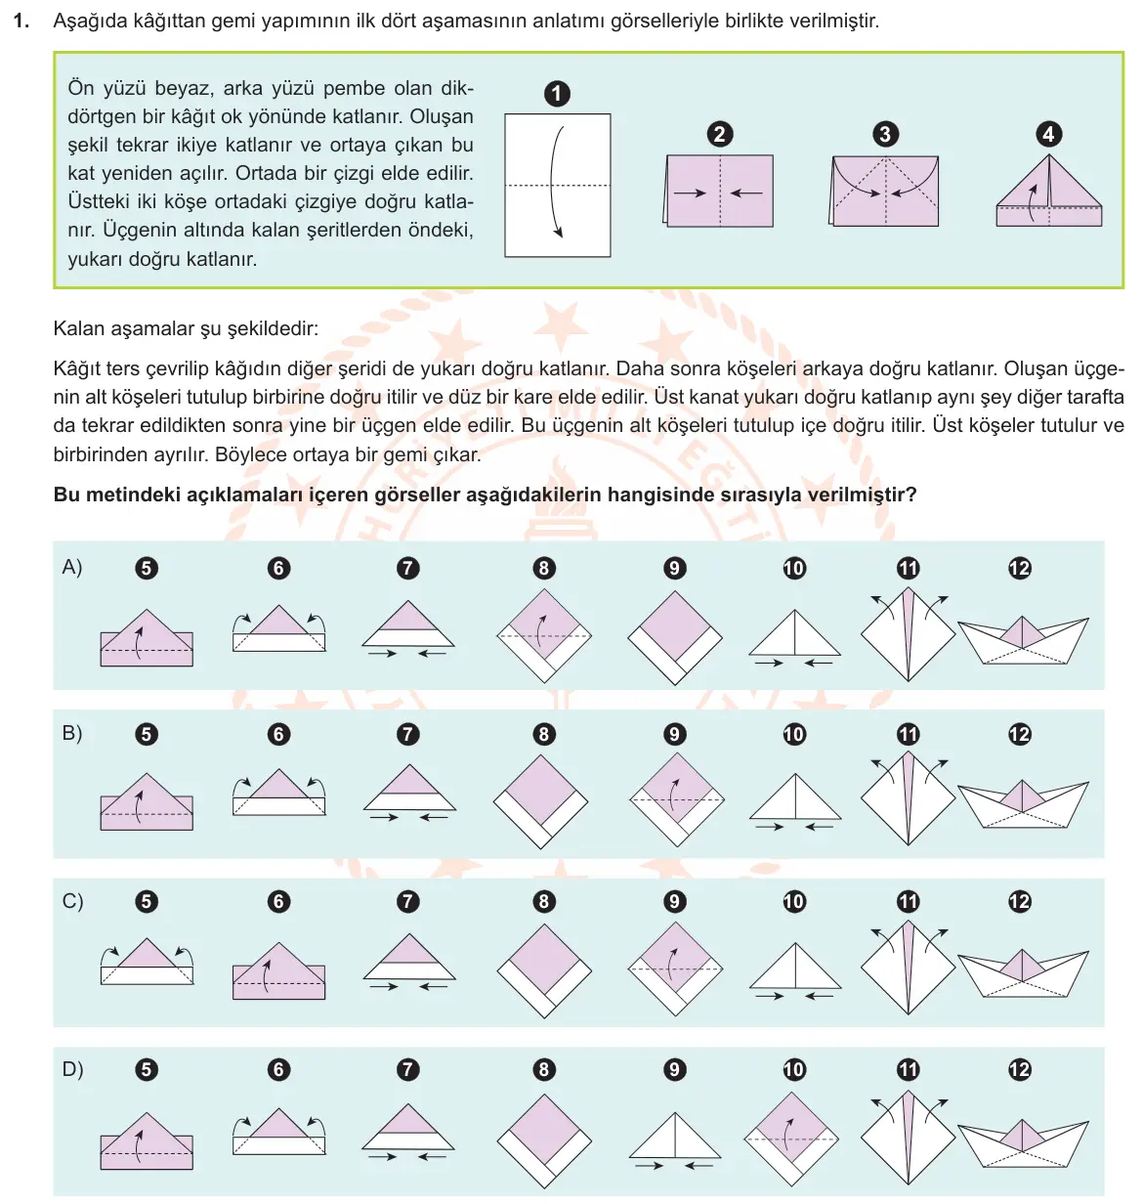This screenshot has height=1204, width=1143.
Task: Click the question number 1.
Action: pyautogui.click(x=21, y=21)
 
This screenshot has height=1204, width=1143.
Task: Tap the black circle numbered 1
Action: pyautogui.click(x=557, y=95)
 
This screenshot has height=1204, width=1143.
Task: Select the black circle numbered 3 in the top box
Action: pyautogui.click(x=885, y=134)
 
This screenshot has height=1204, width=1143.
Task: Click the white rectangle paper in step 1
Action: pyautogui.click(x=557, y=185)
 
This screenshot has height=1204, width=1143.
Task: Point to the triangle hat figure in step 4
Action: pyautogui.click(x=1048, y=191)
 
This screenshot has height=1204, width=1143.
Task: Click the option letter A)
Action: pyautogui.click(x=71, y=567)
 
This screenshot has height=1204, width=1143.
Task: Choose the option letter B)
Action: pyautogui.click(x=71, y=733)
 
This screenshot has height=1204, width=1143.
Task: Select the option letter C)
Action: pyautogui.click(x=72, y=901)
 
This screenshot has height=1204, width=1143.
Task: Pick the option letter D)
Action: pyautogui.click(x=72, y=1069)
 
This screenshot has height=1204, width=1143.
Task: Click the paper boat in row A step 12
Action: pyautogui.click(x=1023, y=641)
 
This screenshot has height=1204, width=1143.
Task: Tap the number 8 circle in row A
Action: pyautogui.click(x=543, y=569)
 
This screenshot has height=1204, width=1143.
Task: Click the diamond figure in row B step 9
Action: pyautogui.click(x=676, y=799)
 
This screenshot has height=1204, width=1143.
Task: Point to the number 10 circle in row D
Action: pyautogui.click(x=794, y=1070)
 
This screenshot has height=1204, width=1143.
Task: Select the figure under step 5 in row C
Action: pyautogui.click(x=147, y=961)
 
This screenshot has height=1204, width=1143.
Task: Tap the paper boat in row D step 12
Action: pyautogui.click(x=1023, y=1142)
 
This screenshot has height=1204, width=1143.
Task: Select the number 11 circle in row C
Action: pyautogui.click(x=908, y=901)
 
